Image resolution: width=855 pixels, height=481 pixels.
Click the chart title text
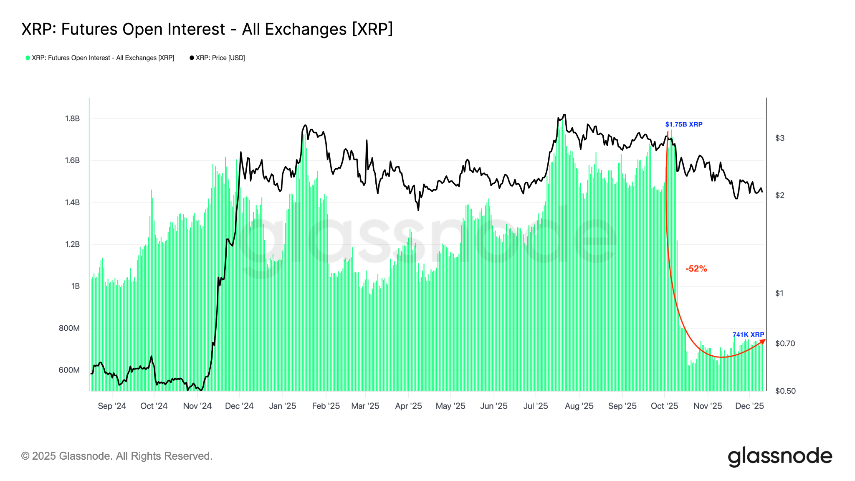click(207, 29)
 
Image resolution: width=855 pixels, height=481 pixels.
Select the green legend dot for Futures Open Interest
click(28, 58)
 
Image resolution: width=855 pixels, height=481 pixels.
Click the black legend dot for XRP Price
click(192, 58)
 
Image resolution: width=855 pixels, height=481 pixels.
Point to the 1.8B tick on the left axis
click(72, 119)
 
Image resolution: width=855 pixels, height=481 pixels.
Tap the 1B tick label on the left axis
click(76, 286)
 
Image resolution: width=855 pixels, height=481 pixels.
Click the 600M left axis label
click(69, 370)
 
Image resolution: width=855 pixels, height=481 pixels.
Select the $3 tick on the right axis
click(779, 138)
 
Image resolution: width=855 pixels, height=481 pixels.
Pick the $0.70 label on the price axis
click(785, 344)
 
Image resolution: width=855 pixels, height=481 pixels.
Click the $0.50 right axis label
click(785, 391)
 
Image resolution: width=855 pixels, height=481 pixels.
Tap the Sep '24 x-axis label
click(112, 406)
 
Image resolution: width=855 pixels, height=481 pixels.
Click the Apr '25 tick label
click(408, 406)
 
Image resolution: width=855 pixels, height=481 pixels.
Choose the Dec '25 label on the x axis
click(749, 406)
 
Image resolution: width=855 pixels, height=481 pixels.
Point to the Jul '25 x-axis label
click(536, 406)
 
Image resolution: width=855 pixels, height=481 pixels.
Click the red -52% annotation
click(696, 269)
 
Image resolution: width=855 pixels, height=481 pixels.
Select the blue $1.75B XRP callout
click(684, 124)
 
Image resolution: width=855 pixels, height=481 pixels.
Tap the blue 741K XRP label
click(748, 335)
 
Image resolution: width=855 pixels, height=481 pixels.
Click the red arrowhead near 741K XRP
click(763, 342)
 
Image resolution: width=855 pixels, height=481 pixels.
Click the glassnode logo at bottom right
click(780, 456)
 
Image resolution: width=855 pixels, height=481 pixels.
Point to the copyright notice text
click(117, 456)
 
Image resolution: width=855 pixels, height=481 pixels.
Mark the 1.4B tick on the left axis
click(72, 203)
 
